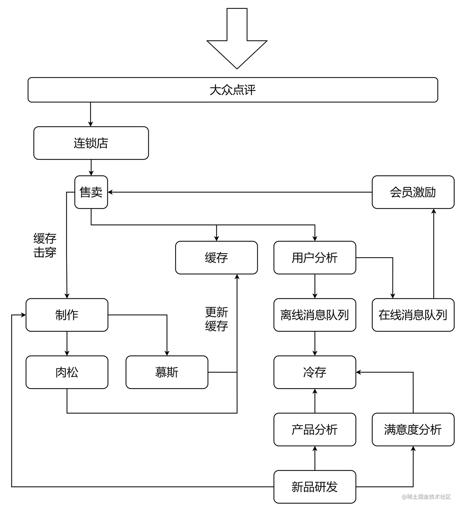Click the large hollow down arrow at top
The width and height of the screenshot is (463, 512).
point(237,40)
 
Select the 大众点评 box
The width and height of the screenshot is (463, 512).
point(233,90)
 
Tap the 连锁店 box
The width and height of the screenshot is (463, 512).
point(91,143)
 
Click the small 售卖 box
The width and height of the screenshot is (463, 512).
point(91,192)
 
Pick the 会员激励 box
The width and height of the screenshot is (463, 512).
point(413,192)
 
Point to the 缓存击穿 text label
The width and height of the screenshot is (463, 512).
point(45,245)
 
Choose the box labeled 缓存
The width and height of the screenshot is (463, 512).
point(216,258)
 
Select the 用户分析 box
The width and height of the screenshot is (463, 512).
point(314,258)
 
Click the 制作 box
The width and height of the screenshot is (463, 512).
point(67,315)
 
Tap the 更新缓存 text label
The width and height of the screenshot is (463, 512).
point(216,319)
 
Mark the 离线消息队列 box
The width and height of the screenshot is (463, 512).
point(314,315)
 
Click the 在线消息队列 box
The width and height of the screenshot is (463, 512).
point(413,315)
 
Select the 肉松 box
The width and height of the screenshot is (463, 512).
point(67,372)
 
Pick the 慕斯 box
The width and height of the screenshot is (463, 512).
point(167,372)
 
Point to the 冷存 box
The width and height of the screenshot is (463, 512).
point(314,372)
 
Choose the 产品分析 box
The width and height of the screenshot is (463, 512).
point(314,429)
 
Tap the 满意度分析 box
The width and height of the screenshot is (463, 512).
point(413,429)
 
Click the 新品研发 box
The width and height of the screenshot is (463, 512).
point(314,487)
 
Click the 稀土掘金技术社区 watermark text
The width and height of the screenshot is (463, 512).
point(426,497)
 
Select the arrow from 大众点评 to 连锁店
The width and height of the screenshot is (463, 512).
point(91,114)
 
